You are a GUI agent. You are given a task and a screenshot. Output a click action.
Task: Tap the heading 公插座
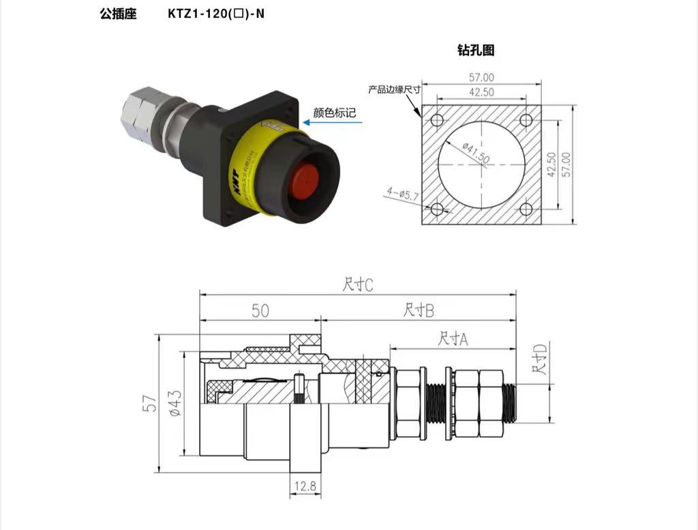pos(118,13)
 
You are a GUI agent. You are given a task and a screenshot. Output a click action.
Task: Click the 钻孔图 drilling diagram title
pos(475,50)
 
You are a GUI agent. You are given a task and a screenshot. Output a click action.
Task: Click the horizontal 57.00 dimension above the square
pos(481,78)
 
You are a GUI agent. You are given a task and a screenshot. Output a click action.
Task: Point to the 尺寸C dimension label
pos(358,284)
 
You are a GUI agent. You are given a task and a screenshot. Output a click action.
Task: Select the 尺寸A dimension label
pos(453,338)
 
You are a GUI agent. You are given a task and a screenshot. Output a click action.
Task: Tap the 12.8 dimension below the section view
pos(305,486)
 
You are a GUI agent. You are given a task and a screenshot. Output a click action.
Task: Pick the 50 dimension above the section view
pos(260,310)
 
